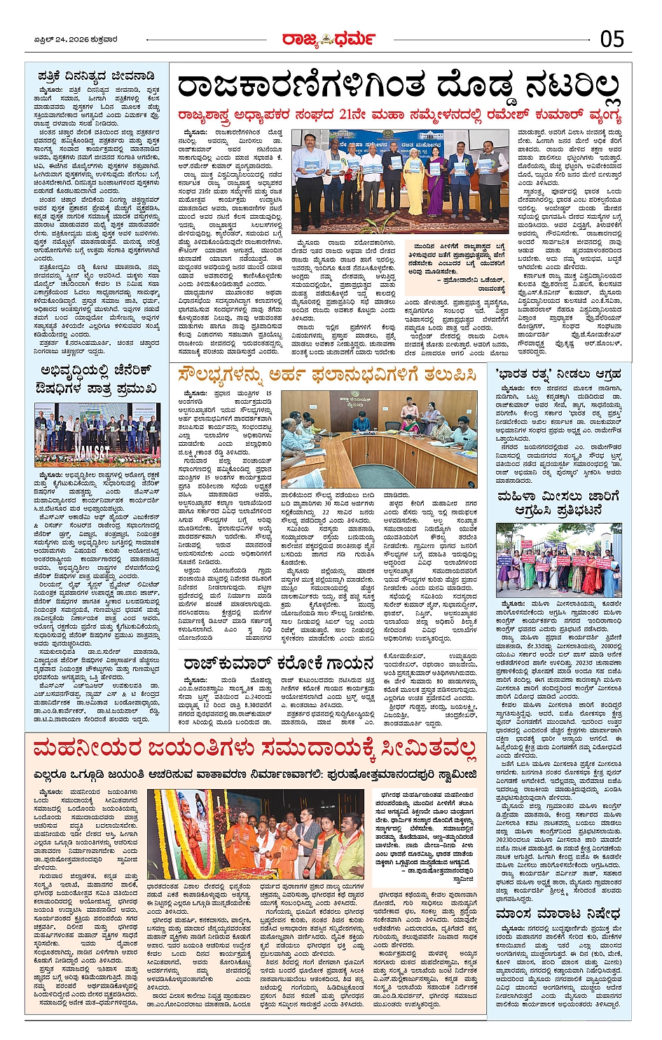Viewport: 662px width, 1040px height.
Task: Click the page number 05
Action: [611, 39]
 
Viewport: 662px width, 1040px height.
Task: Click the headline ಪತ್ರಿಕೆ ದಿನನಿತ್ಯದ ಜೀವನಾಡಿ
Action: [95, 76]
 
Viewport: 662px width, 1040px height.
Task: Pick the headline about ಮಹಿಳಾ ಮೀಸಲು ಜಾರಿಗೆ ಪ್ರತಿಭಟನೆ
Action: [558, 503]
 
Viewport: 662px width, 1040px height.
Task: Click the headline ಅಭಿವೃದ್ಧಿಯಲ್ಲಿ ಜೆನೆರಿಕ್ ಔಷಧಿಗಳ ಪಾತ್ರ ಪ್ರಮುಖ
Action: [95, 380]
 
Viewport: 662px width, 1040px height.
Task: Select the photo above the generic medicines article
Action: [96, 435]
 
